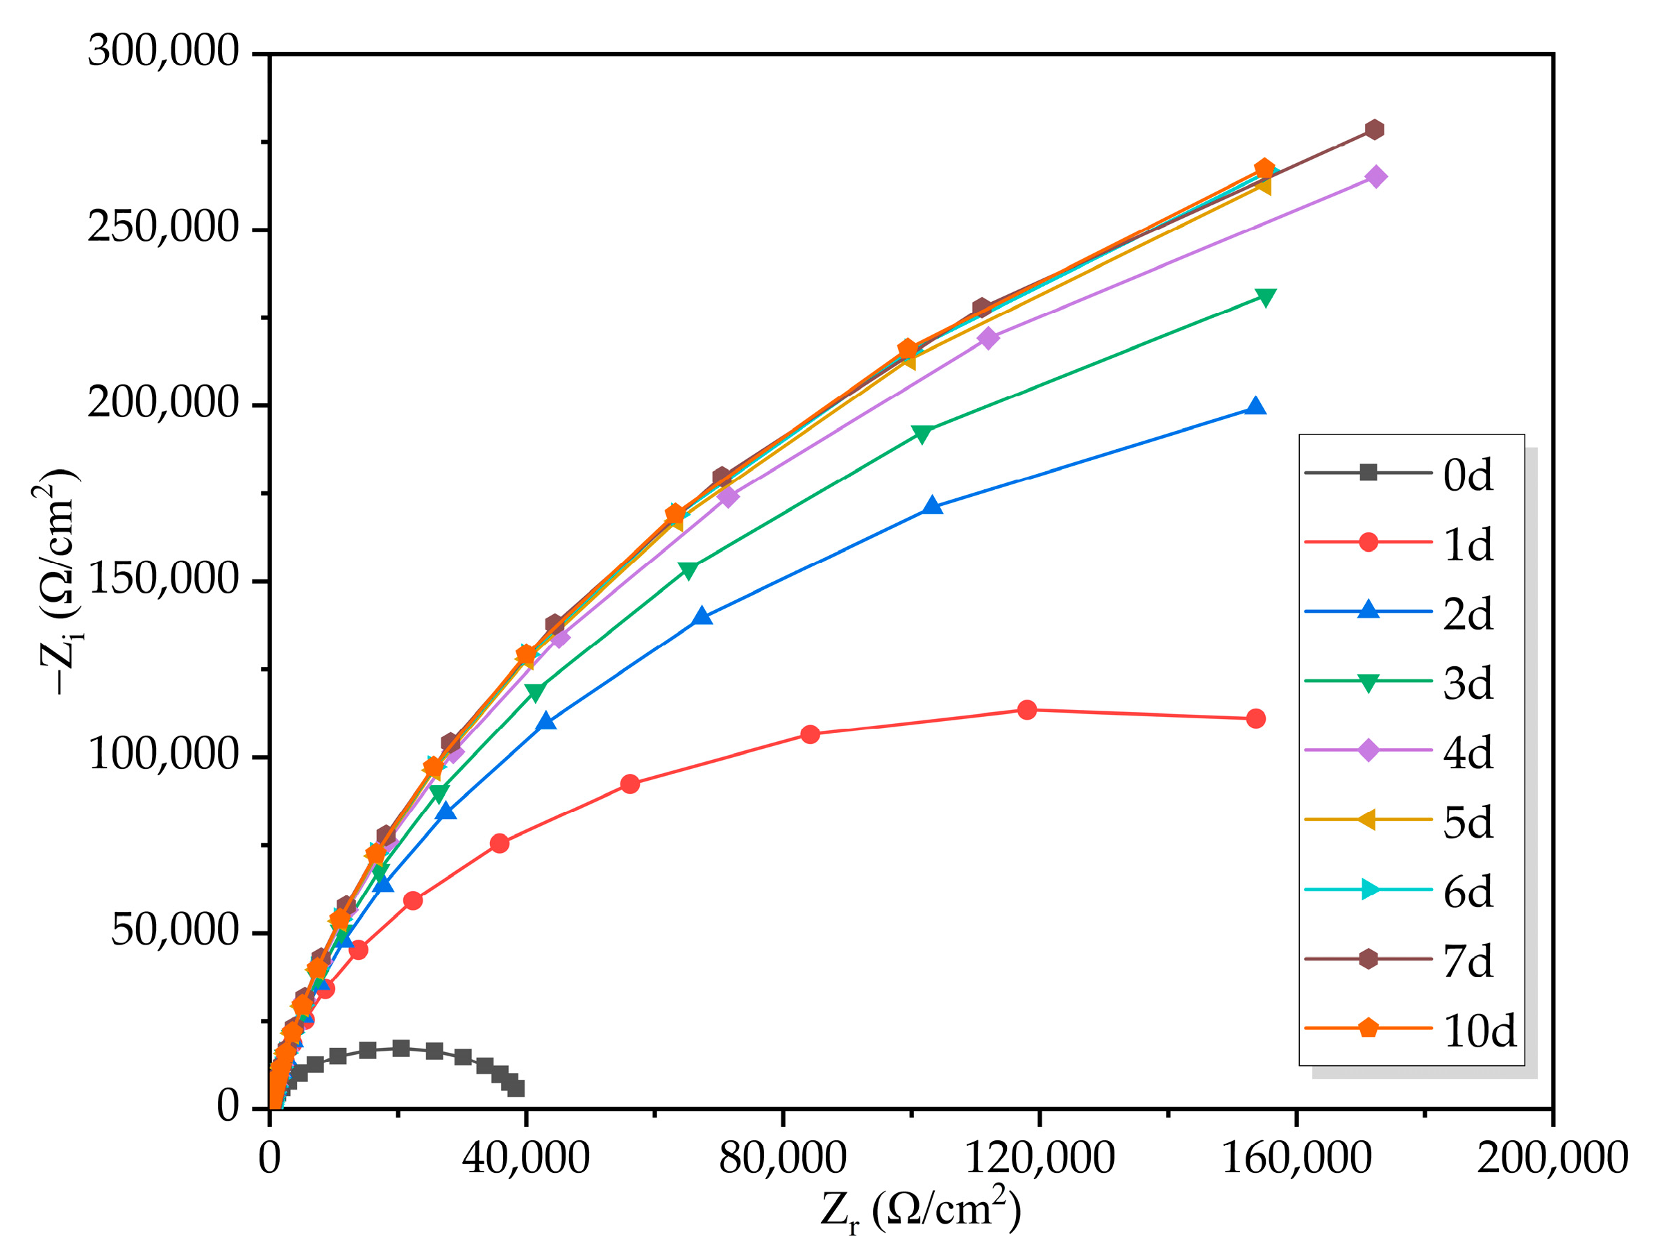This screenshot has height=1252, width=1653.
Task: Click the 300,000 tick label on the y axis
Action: (163, 52)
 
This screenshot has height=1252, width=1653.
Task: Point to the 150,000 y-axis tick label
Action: (163, 580)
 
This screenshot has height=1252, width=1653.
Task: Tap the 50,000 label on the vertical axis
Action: (174, 932)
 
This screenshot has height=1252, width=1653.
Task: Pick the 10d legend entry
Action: (1479, 1031)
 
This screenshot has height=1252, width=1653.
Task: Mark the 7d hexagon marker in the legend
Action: (1368, 959)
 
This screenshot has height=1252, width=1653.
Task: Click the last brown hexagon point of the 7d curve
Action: (1373, 129)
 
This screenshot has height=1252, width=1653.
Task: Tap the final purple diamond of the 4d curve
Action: (1375, 177)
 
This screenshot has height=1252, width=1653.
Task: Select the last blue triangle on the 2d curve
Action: (1256, 407)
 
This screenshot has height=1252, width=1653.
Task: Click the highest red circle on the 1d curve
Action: (1028, 709)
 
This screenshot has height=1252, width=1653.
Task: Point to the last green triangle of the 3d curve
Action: (1266, 298)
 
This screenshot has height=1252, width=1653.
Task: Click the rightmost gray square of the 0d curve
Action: (516, 1088)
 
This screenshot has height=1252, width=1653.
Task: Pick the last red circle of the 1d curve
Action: (1256, 718)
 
